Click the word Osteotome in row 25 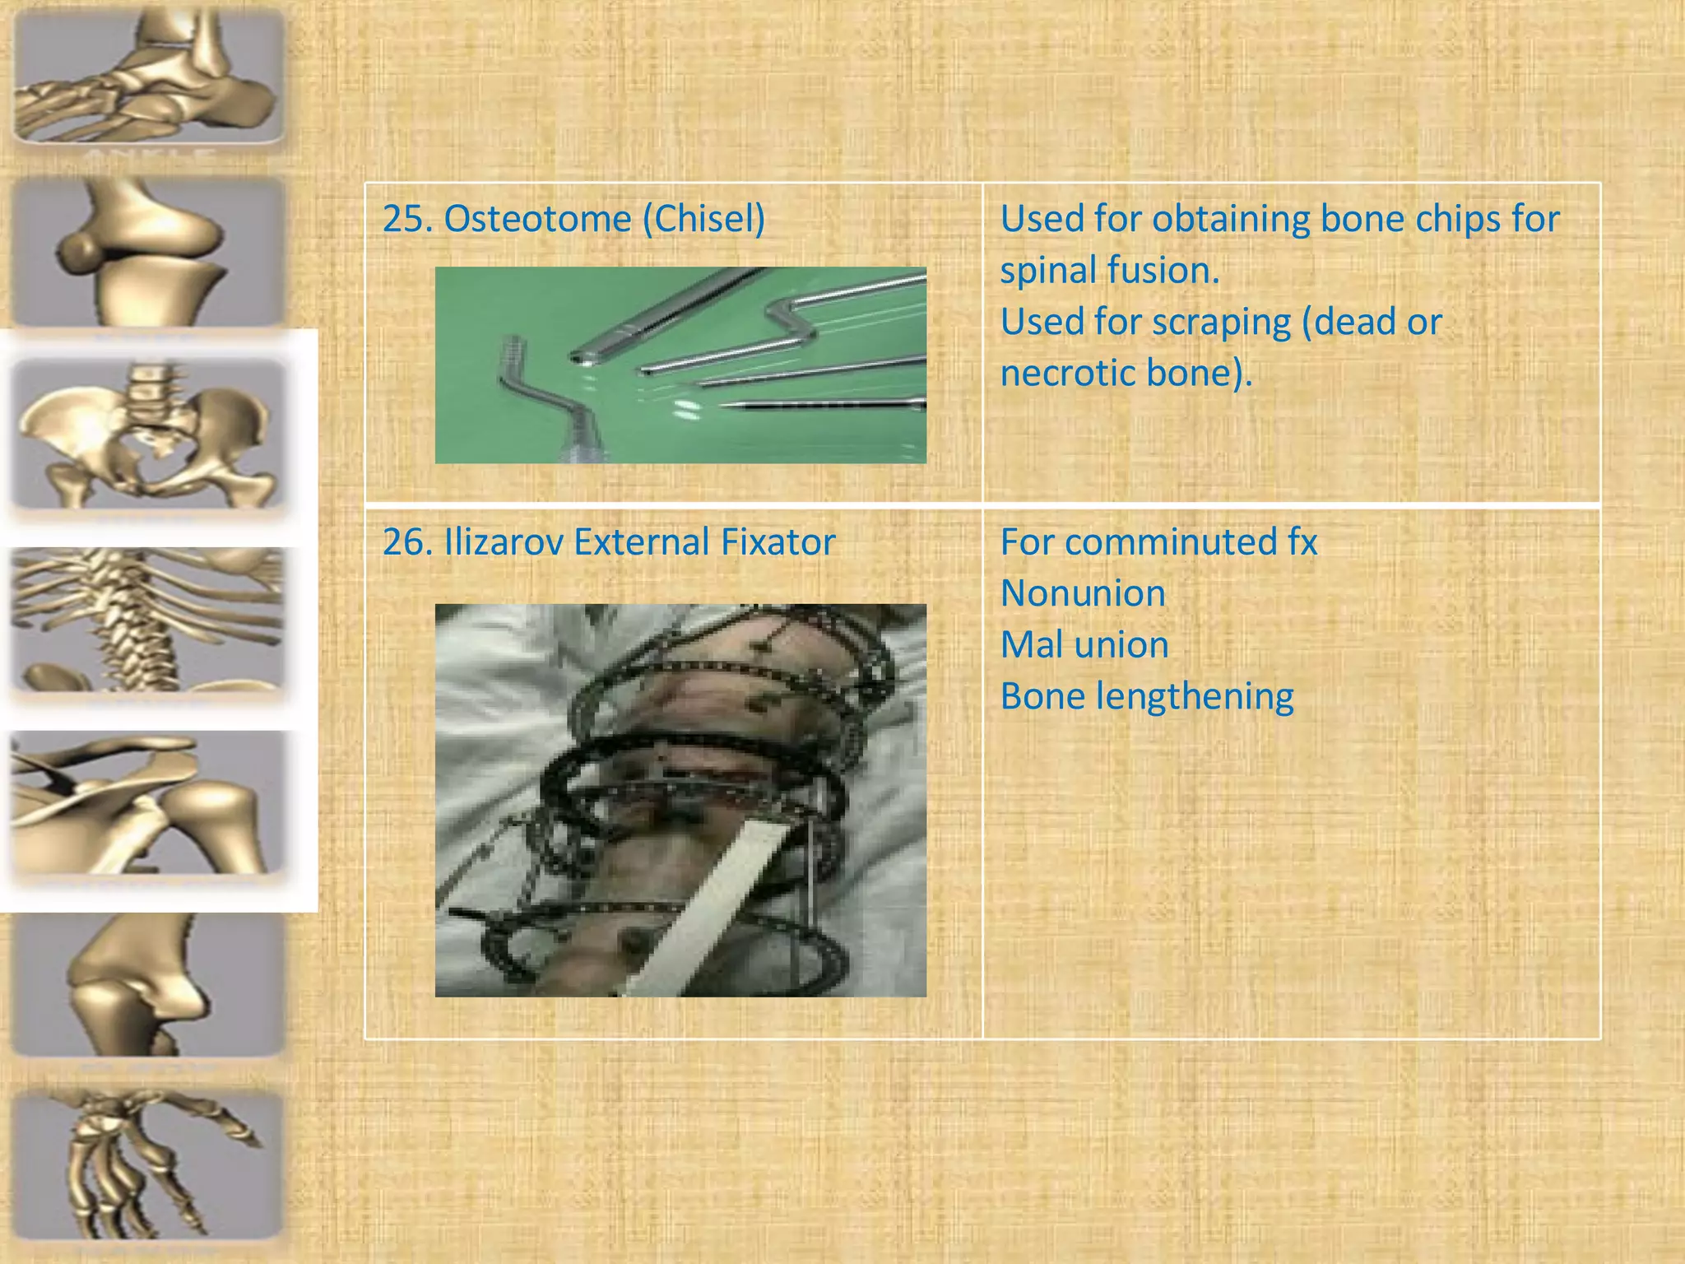coord(538,219)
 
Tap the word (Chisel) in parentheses coord(703,219)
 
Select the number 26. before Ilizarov coord(406,542)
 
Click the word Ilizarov coord(502,542)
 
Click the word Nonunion coord(1083,593)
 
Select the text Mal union coord(1084,644)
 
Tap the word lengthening coord(1195,697)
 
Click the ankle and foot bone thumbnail coord(149,76)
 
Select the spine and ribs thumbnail coord(149,619)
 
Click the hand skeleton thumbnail coord(149,1162)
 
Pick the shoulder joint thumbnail coord(149,803)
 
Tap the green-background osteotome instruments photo coord(680,365)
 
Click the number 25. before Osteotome coord(406,219)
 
